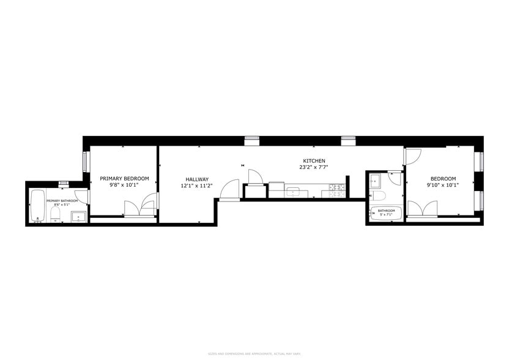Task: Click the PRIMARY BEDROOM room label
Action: point(124,178)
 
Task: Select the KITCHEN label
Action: point(312,160)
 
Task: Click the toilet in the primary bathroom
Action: point(54,214)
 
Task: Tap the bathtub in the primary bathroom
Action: point(37,206)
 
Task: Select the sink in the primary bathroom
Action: point(78,216)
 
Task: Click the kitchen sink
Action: point(293,192)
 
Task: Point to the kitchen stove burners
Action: point(335,191)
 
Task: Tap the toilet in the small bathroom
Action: point(378,196)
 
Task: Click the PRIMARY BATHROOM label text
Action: point(62,201)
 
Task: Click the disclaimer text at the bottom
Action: point(254,354)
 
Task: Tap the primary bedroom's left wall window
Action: point(86,162)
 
